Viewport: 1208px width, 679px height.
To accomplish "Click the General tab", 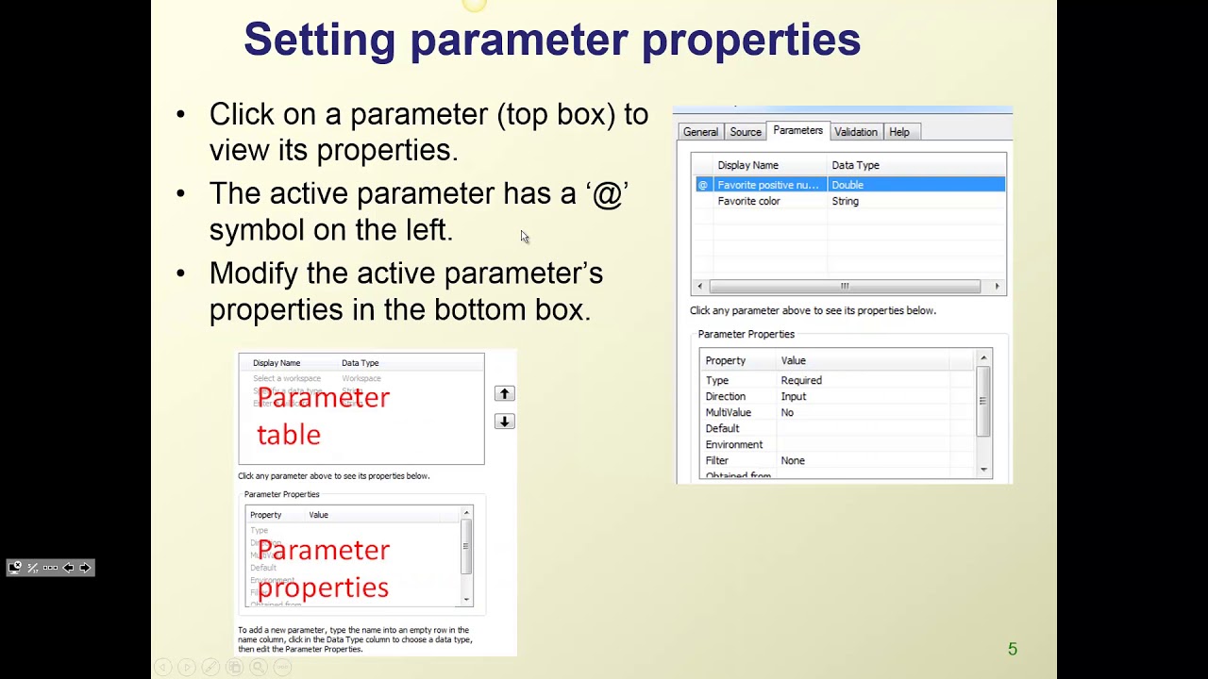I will tap(700, 132).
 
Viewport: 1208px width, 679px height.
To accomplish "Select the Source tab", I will tap(745, 132).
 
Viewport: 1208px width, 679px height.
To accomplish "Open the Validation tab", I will tap(855, 132).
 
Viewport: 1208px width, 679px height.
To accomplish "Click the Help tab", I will tap(898, 132).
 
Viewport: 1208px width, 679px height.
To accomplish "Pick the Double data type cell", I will tap(847, 185).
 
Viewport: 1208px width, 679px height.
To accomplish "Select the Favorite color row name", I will tap(748, 201).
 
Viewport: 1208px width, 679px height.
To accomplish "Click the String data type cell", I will tap(845, 201).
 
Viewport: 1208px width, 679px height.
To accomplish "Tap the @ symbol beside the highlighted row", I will tap(702, 185).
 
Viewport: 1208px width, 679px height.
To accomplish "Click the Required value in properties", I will tap(800, 380).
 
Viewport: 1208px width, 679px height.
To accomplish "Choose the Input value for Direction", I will tap(793, 396).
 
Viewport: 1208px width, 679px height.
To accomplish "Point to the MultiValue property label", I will tap(728, 412).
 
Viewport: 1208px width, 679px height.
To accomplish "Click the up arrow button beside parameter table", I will tap(504, 393).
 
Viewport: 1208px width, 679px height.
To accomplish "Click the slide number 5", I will tap(1012, 649).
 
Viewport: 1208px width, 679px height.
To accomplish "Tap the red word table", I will tap(289, 435).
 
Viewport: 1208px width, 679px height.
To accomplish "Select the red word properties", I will tap(323, 588).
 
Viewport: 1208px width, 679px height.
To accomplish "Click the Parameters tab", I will tap(797, 131).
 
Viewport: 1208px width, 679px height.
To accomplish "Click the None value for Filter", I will tap(792, 460).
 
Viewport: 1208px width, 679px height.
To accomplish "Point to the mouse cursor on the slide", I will tap(524, 237).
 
